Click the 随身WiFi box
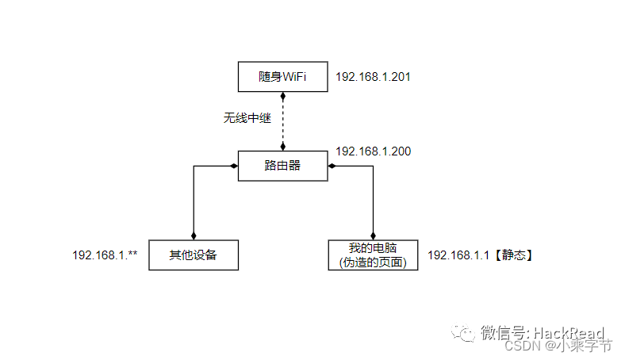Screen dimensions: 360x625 pos(283,77)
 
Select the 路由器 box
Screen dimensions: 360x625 pos(283,166)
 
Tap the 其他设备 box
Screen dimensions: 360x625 pos(194,255)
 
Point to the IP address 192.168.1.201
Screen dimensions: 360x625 pos(373,77)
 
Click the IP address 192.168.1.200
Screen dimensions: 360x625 pos(373,151)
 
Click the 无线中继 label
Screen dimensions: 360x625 pos(247,119)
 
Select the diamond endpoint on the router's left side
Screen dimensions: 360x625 pos(233,166)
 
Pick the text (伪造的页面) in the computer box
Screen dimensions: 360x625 pos(373,262)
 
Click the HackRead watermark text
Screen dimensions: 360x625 pos(567,333)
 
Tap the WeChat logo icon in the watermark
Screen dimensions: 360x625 pos(465,333)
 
